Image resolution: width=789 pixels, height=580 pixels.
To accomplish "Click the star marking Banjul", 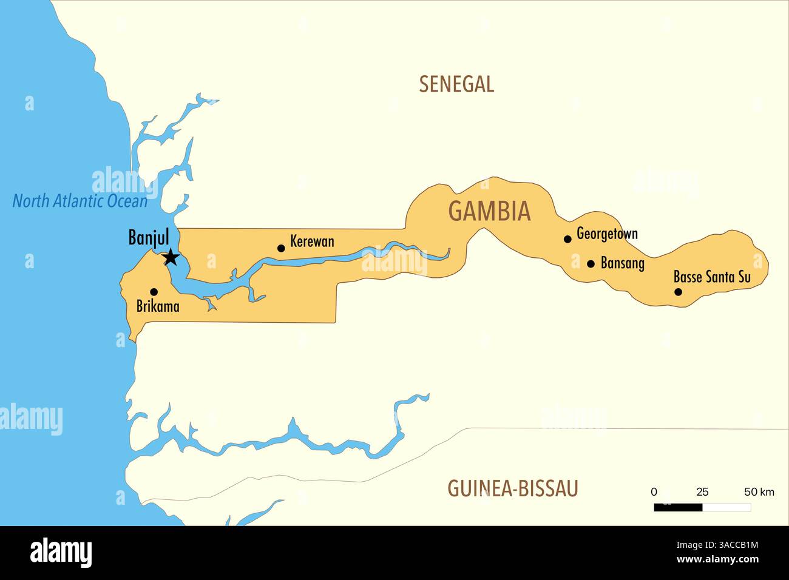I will pos(171,257).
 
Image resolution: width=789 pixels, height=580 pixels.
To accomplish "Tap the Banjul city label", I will pos(149,237).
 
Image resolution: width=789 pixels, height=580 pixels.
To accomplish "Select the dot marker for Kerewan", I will pos(281,248).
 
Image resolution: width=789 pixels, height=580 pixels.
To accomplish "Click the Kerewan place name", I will pos(312,241).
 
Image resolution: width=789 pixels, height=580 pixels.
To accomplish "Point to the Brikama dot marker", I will pos(154,292).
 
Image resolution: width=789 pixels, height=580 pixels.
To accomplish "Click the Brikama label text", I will pos(158,306).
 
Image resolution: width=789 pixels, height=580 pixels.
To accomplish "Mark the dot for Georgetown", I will pos(567,239).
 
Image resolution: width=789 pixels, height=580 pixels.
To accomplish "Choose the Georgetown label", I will pos(607,234).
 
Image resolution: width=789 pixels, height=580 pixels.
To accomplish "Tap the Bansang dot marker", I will pos(591,264).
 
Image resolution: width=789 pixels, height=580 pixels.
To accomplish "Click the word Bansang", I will pos(622,263).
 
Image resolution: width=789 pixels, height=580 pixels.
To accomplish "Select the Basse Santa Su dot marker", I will pos(679,292).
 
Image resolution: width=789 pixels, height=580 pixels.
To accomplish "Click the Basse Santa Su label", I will pos(712,277).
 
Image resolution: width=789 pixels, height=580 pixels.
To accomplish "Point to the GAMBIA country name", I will pos(489,211).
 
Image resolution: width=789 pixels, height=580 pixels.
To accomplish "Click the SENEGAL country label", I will pos(456,84).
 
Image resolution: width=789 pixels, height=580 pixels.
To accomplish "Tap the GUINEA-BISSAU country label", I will pos(512,488).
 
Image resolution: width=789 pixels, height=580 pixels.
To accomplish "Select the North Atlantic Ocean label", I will pos(80,201).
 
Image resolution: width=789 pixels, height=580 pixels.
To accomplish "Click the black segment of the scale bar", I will pos(678,507).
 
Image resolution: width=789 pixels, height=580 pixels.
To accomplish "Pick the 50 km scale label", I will pos(759,492).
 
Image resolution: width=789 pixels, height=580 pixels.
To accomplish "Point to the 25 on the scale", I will pos(702,492).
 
